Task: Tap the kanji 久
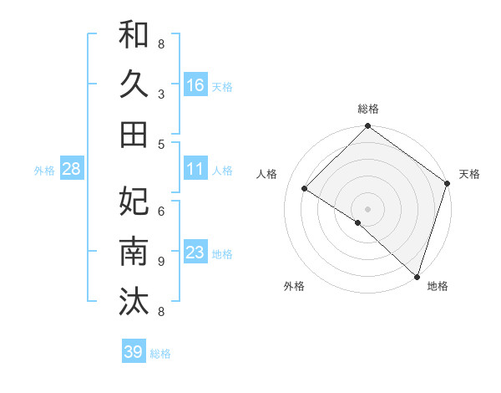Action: coord(134,84)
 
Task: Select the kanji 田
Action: coord(134,133)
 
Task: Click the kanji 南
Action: coord(134,252)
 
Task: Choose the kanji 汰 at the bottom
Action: coord(134,300)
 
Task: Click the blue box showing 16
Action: coord(195,84)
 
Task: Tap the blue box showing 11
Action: coord(195,169)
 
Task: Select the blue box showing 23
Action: coord(195,253)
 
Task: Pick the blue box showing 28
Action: coord(72,169)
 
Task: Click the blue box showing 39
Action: coord(134,352)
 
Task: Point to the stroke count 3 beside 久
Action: coord(161,94)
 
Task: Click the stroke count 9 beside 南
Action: coord(161,262)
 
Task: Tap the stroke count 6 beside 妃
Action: coord(161,212)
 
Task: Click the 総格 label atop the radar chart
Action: coord(368,109)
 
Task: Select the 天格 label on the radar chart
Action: coord(469,174)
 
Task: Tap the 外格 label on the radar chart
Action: coord(294,286)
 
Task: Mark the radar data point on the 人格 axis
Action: coord(305,189)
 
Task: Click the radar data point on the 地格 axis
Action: coord(417,276)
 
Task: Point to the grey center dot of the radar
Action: coord(367,208)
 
